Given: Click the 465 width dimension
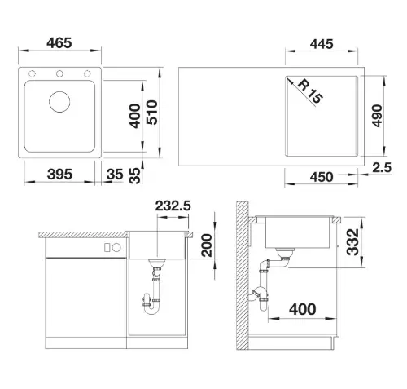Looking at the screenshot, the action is (59, 43).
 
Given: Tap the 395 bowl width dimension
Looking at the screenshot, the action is (59, 174).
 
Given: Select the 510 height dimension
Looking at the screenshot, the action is (152, 113).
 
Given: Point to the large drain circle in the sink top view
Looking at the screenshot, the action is (59, 102).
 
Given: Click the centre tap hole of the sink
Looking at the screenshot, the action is (59, 73).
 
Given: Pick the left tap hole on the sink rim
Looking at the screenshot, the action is (32, 73).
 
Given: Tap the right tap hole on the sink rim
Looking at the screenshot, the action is (87, 73).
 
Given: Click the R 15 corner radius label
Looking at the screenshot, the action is (310, 91).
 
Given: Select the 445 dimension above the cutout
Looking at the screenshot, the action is (322, 44).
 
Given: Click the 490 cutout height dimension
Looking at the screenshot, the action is (377, 116).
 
